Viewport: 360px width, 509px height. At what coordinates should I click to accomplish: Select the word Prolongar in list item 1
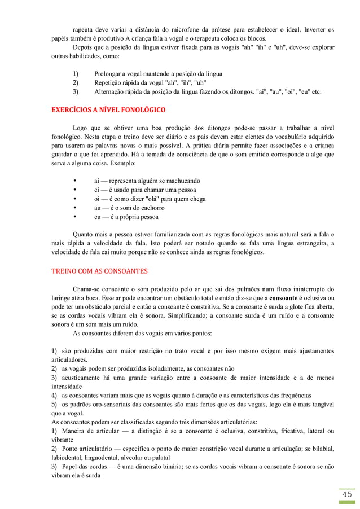(x=108, y=74)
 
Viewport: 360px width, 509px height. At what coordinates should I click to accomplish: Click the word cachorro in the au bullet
(x=146, y=208)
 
